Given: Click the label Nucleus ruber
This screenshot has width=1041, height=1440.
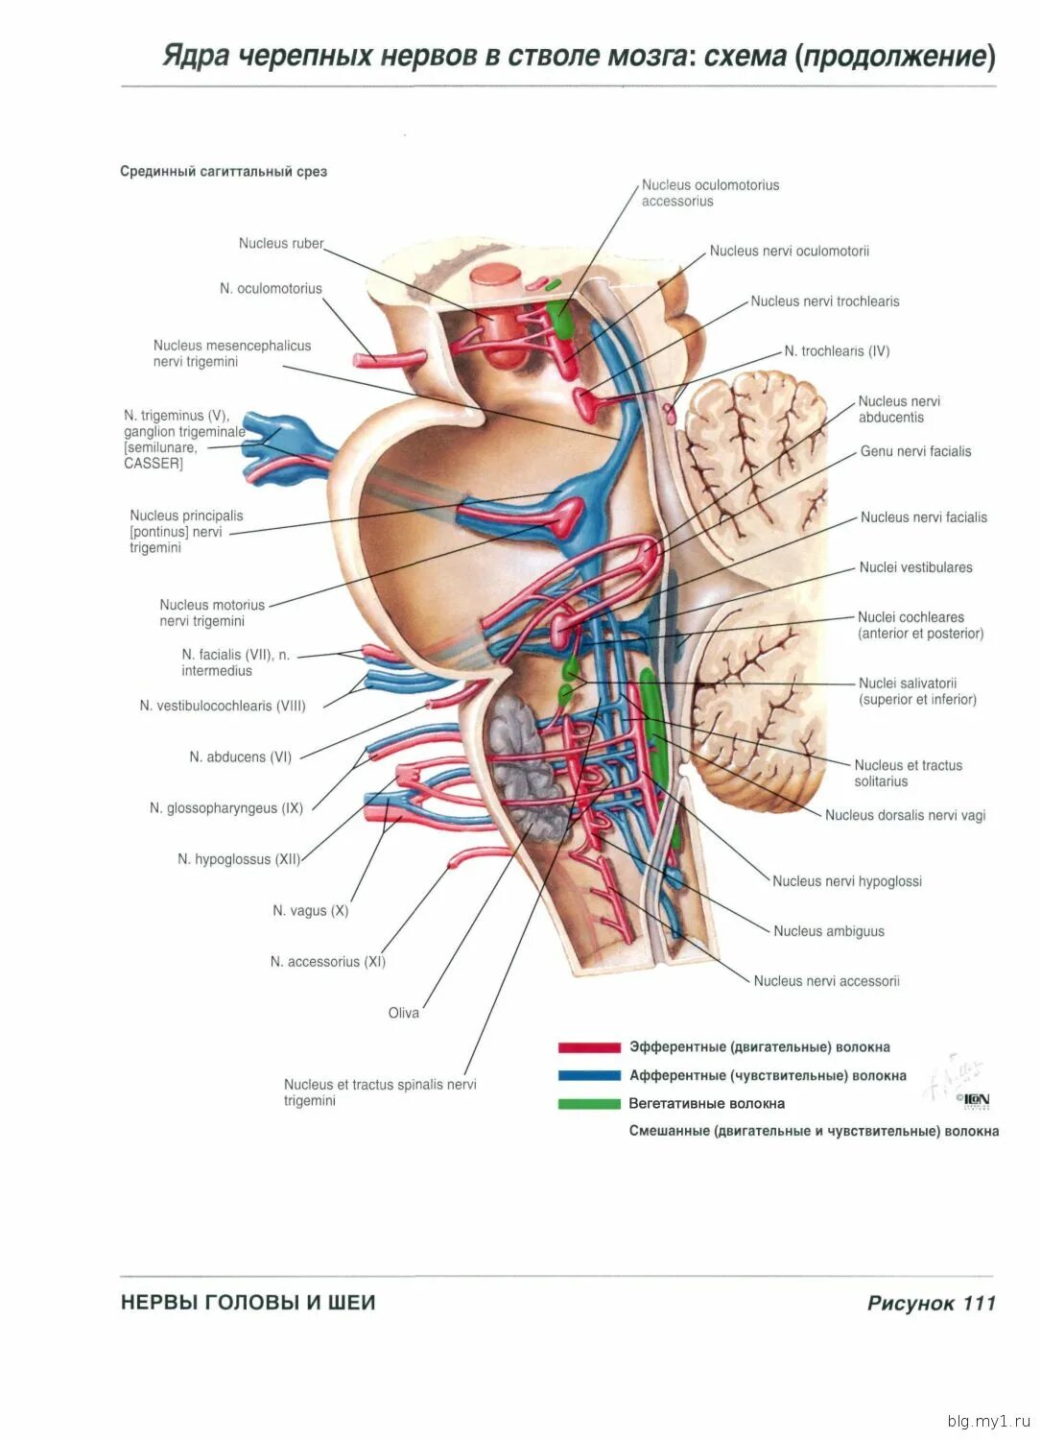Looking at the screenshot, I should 281,244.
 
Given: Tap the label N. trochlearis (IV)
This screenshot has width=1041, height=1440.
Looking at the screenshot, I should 837,351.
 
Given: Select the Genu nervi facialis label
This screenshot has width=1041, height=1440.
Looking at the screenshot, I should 915,451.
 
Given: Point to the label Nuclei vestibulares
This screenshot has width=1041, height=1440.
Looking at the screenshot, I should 915,567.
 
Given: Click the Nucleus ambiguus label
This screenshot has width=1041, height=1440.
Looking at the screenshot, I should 829,931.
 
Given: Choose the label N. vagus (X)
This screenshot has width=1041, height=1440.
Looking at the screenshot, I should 310,910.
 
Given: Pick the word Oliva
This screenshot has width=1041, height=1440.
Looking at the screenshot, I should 403,1013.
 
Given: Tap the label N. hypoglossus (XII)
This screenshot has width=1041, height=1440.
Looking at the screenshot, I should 239,859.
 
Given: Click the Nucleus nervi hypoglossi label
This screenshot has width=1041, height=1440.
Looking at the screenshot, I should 846,881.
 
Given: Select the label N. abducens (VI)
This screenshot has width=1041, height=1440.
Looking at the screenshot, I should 240,756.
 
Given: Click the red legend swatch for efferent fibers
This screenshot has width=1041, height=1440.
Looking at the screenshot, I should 589,1047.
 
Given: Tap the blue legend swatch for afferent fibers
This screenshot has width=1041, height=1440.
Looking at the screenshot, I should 589,1075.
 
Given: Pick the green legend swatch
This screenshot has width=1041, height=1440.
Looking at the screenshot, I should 589,1104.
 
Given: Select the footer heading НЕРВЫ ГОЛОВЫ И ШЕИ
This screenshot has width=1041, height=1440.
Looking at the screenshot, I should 248,1303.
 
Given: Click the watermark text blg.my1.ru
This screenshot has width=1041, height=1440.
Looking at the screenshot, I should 988,1421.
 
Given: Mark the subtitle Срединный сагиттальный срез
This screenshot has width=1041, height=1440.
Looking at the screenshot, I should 224,172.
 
